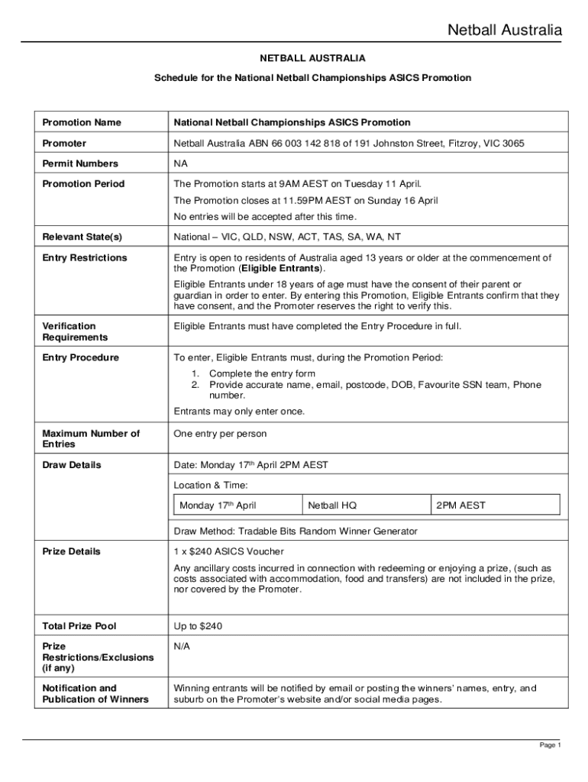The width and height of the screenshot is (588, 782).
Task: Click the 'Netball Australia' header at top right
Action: point(504,31)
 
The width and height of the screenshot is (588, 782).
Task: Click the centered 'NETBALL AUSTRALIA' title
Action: point(312,58)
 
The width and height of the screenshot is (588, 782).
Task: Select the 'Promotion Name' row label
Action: point(82,122)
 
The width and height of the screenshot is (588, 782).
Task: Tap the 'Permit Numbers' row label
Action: point(80,163)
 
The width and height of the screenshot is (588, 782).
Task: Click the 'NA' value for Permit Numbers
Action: point(181,163)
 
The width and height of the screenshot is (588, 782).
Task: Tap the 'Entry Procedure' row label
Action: point(81,357)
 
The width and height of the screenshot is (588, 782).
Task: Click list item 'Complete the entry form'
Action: point(262,373)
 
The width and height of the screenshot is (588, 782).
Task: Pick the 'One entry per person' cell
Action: point(220,434)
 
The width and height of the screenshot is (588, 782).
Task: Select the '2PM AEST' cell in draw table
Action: point(460,506)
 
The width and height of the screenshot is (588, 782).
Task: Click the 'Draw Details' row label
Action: point(72,465)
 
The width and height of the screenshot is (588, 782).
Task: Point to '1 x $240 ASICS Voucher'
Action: point(229,551)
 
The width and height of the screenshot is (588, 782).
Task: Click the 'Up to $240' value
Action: point(198,626)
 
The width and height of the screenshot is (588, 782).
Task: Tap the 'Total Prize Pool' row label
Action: point(79,626)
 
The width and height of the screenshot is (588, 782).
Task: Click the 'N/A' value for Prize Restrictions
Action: point(182,647)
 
